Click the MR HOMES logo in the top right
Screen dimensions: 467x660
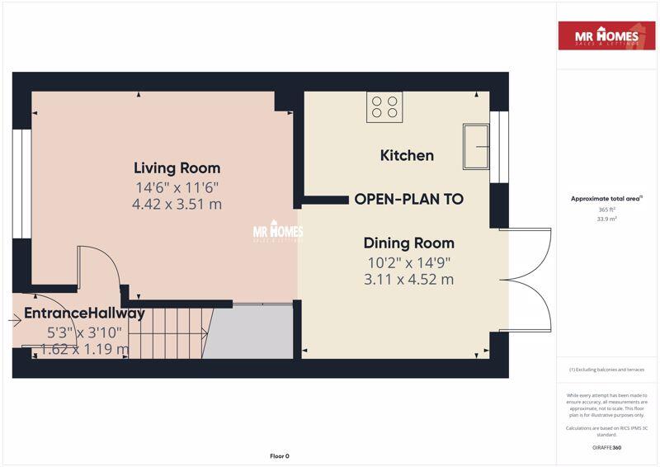(608, 37)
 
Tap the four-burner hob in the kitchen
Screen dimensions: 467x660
(385, 106)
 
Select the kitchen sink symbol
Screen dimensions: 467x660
(476, 147)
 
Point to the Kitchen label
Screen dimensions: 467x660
(407, 155)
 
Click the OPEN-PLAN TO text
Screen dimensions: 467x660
(408, 199)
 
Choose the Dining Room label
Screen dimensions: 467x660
(409, 243)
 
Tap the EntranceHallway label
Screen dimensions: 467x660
(84, 313)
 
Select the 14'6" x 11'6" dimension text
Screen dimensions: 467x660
(177, 186)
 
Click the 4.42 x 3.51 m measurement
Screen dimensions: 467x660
(177, 204)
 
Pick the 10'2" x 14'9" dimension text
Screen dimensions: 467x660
(409, 262)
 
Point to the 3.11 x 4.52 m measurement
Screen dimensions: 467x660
(409, 280)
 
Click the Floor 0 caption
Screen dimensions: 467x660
(280, 455)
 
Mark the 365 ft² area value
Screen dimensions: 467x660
(607, 210)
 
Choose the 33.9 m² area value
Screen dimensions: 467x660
(607, 219)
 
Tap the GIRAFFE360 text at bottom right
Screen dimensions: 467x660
(607, 446)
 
